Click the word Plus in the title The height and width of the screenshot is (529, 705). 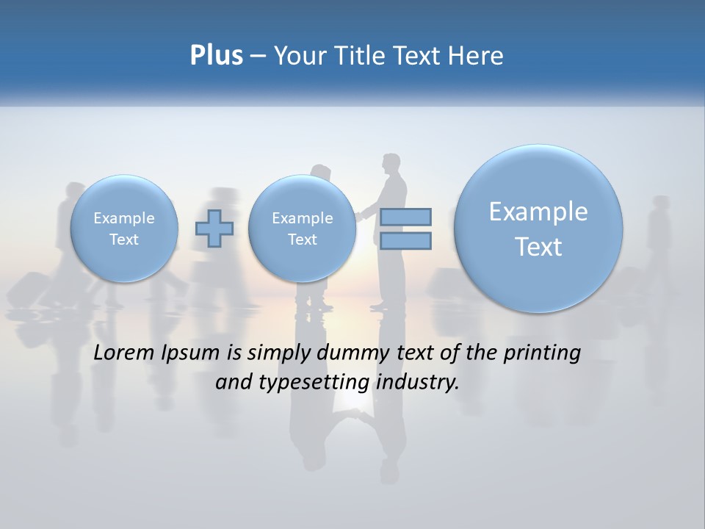tap(216, 56)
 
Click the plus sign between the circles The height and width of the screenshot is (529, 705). tap(214, 228)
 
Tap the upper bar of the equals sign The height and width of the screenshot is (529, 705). tap(405, 217)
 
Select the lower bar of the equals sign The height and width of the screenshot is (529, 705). tap(405, 241)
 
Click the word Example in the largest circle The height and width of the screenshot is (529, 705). tap(538, 212)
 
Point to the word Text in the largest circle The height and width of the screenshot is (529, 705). tap(538, 247)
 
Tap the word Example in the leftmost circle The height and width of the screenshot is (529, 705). tap(123, 218)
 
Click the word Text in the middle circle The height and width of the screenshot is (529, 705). tap(302, 240)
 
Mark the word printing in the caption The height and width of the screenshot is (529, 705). tap(540, 353)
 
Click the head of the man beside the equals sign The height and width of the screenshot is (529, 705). tap(391, 164)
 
